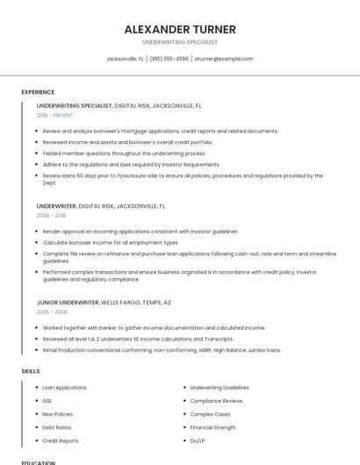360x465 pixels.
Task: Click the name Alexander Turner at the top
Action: point(180,29)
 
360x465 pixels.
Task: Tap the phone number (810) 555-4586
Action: point(169,59)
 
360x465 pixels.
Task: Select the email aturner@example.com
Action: point(224,59)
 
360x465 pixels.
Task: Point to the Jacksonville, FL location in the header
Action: point(124,59)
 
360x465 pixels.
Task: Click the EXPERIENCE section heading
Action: point(38,92)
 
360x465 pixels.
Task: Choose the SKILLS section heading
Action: point(31,371)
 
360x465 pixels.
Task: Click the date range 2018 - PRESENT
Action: point(56,115)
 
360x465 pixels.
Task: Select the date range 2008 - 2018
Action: point(51,215)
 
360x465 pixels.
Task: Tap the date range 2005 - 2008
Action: point(52,311)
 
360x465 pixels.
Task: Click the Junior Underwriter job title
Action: point(68,302)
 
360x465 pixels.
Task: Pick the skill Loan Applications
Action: point(64,387)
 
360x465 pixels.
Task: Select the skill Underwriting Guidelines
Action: point(220,387)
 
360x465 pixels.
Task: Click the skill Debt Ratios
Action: point(57,427)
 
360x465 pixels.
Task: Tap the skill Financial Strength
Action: point(212,427)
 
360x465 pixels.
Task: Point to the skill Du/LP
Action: point(198,440)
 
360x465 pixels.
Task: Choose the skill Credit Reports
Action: point(61,440)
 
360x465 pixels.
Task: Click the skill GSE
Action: point(47,400)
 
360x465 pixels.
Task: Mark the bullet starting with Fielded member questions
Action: point(124,153)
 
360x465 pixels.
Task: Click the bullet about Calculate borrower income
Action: point(111,242)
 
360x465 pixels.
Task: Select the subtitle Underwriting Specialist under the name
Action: point(180,42)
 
